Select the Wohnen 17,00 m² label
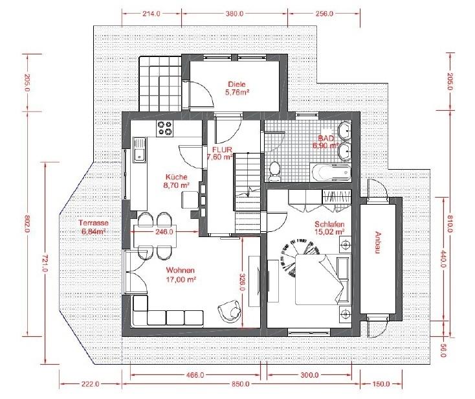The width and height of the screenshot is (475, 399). [x=181, y=275]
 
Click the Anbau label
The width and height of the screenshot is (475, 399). [x=378, y=242]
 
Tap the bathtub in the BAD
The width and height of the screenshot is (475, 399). [x=330, y=172]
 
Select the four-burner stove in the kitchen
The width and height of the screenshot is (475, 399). [x=164, y=128]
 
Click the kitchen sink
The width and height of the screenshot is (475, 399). [x=140, y=150]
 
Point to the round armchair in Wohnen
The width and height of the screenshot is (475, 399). [x=229, y=312]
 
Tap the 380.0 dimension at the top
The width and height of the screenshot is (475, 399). [x=235, y=14]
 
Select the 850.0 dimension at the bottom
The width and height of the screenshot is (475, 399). [x=241, y=384]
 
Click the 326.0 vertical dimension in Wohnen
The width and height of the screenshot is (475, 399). [x=242, y=282]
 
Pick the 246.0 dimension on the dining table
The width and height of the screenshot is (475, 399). [x=164, y=232]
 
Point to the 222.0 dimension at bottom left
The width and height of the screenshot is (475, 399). [x=90, y=384]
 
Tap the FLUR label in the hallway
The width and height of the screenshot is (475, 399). [x=222, y=150]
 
